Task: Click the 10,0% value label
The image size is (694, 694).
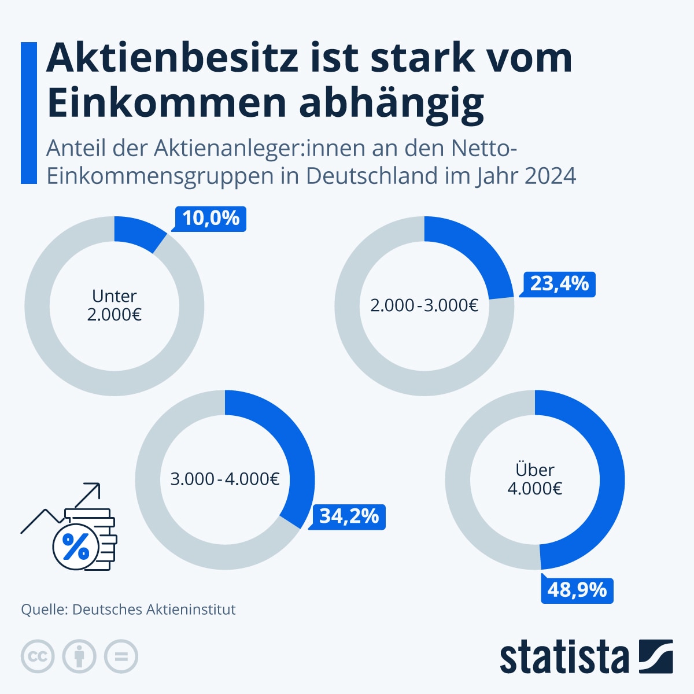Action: (211, 219)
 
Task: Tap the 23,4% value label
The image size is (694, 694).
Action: (559, 284)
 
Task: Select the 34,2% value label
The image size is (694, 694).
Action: (349, 516)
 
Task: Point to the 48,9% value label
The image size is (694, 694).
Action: (577, 590)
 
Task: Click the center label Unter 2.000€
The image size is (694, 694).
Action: (115, 305)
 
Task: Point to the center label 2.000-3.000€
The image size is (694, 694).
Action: (424, 305)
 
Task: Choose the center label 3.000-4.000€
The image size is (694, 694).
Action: (225, 479)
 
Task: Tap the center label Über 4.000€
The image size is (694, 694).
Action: (535, 479)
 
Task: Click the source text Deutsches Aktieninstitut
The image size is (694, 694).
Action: (154, 610)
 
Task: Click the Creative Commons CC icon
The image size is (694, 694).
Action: (38, 656)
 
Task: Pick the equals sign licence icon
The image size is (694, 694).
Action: (121, 656)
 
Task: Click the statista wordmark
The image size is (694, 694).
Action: (564, 657)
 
